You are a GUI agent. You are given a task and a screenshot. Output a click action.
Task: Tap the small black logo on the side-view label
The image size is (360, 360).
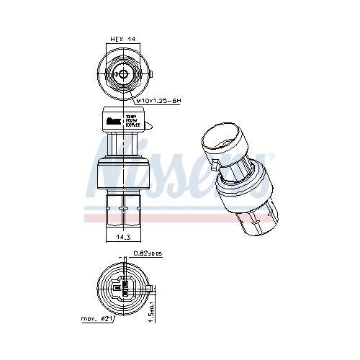click(112, 120)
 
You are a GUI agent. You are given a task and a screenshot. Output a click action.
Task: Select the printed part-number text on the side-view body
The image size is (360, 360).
click(135, 120)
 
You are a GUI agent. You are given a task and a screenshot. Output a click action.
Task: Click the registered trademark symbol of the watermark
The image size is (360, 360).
click(271, 156)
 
